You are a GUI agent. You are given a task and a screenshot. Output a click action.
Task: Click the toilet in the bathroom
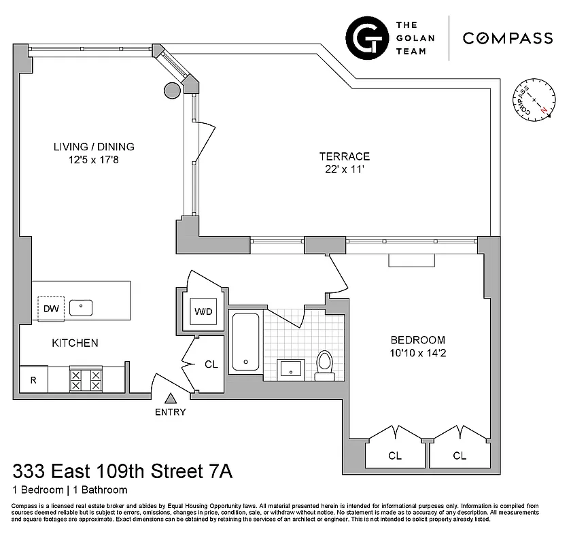coord(325,364)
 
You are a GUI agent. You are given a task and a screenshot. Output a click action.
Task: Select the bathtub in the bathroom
coord(245,343)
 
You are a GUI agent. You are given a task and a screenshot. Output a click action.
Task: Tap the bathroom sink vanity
coord(293,369)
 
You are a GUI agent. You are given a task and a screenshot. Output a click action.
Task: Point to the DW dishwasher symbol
coord(51,308)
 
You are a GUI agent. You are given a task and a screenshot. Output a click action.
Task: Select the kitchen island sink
coord(81,307)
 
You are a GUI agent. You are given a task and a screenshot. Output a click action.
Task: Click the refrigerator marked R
coord(33,380)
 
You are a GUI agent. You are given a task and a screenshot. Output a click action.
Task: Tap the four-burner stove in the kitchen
coord(86,379)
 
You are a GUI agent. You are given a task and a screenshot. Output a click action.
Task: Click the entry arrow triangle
coord(171,398)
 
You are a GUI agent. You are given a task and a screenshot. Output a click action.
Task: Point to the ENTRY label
coord(170,412)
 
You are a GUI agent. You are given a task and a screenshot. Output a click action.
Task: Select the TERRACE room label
coord(345,156)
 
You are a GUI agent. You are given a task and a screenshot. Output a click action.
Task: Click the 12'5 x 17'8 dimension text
coord(94,160)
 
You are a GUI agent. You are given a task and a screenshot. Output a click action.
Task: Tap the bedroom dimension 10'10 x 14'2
coord(417,353)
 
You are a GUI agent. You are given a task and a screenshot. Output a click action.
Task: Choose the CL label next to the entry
coord(211,364)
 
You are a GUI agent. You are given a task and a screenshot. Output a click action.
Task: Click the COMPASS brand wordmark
coord(507,38)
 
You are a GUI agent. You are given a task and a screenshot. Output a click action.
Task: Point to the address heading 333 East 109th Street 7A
coord(122,471)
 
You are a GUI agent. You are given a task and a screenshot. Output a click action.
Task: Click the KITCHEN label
coord(75,343)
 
